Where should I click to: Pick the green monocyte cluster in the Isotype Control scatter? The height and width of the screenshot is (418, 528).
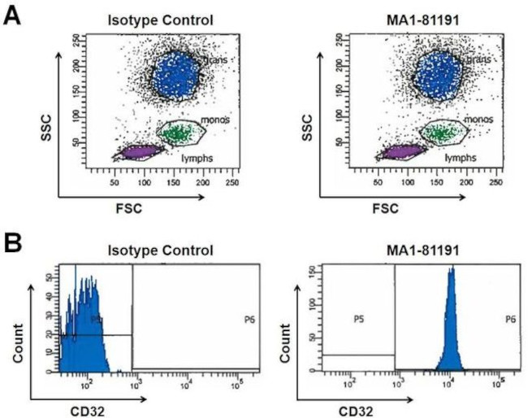click(x=175, y=132)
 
